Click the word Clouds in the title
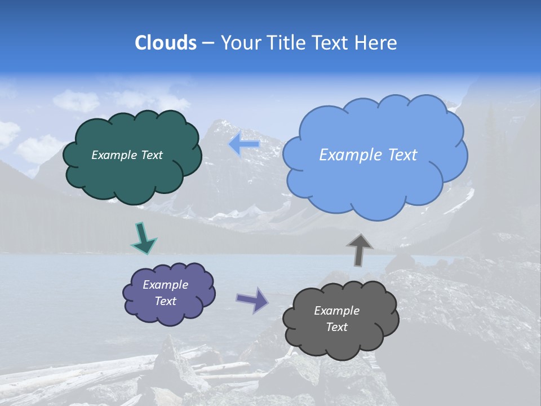[166, 43]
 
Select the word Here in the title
[376, 43]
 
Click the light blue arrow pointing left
[244, 145]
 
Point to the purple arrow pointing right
[252, 300]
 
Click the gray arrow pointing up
[360, 250]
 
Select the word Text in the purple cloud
[165, 301]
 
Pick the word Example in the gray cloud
[336, 311]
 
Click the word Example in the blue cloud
[347, 155]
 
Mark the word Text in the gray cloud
[336, 327]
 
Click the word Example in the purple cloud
[165, 285]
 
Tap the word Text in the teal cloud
[151, 155]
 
